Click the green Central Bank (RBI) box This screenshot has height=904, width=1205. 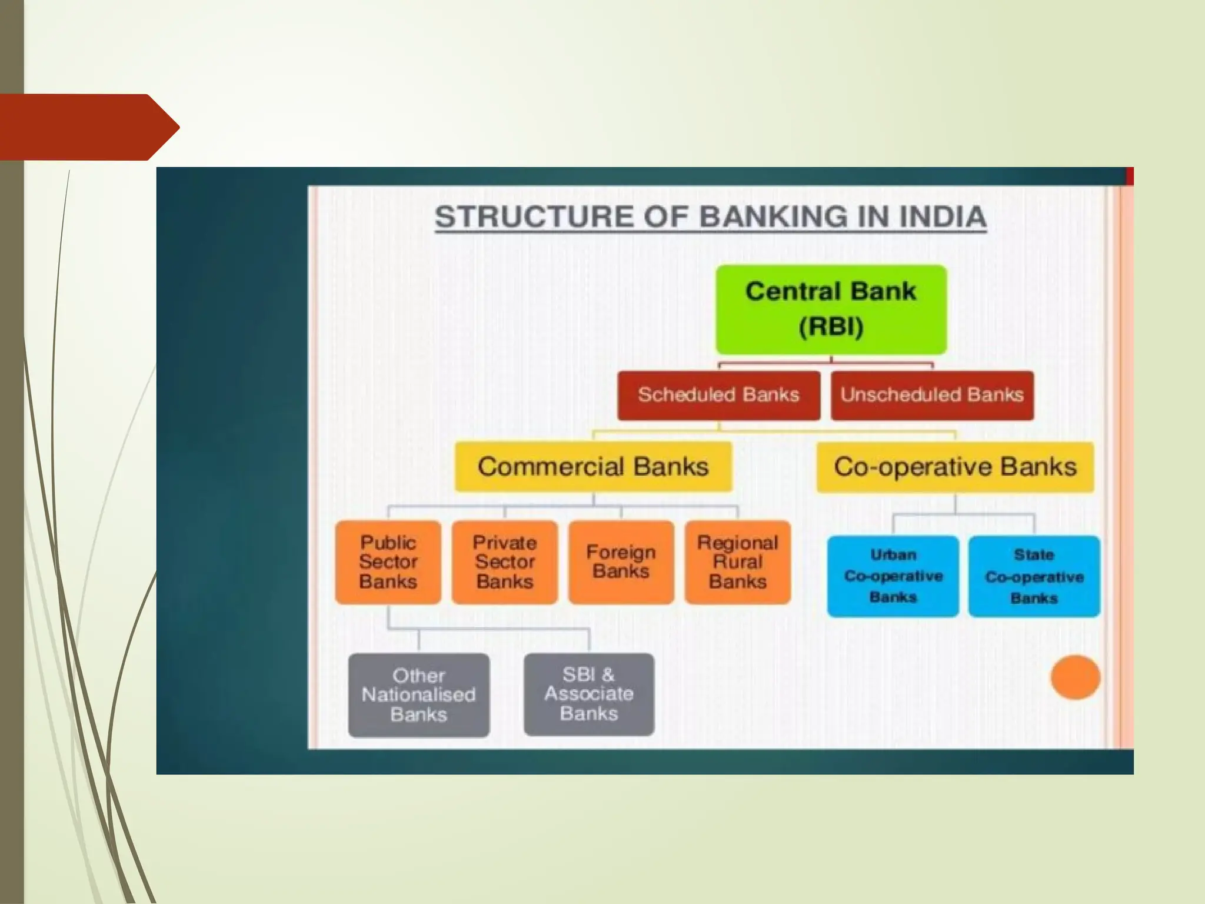point(831,310)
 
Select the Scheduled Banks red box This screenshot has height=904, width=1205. point(718,395)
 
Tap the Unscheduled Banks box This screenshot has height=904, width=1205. point(932,395)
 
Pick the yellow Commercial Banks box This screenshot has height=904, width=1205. point(593,467)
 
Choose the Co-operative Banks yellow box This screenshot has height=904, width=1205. point(955,467)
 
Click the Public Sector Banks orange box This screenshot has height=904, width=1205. point(388,562)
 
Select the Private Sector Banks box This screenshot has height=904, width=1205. point(504,562)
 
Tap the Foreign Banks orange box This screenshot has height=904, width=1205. point(621,562)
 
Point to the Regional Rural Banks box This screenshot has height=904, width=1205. point(737,562)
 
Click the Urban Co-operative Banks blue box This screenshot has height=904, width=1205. point(893,576)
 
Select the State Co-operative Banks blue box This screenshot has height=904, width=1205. point(1034,576)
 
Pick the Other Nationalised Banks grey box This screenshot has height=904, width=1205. point(418,695)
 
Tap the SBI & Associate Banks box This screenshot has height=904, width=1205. point(588,694)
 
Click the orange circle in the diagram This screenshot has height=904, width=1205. point(1075,677)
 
